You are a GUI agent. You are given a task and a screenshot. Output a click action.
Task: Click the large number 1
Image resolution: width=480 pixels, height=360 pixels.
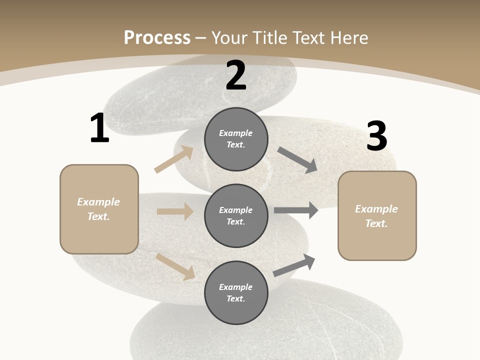(x=99, y=128)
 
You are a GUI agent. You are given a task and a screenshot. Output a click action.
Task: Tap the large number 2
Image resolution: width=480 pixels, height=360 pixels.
(x=236, y=75)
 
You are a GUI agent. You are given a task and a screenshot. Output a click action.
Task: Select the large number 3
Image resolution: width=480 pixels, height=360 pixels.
(x=376, y=136)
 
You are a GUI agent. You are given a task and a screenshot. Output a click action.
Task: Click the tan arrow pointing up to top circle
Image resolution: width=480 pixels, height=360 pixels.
(x=174, y=159)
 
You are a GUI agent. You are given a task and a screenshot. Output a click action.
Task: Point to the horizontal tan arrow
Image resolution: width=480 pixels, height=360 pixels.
(x=175, y=211)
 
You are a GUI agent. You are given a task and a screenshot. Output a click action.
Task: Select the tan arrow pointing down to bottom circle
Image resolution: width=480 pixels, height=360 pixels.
(x=175, y=266)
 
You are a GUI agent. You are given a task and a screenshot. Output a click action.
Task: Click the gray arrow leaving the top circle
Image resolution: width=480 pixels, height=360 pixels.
(x=297, y=160)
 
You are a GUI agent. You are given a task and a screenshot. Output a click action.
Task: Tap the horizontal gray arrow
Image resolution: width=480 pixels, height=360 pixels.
(x=296, y=210)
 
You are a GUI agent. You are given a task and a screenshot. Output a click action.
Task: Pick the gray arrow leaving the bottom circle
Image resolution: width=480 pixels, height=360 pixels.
(x=294, y=265)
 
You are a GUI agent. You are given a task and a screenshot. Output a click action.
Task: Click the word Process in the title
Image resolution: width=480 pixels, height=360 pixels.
(x=157, y=37)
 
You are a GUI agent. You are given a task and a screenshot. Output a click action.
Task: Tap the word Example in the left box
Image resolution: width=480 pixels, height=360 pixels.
(x=98, y=202)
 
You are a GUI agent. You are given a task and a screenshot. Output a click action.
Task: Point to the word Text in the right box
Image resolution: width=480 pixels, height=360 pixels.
(x=376, y=223)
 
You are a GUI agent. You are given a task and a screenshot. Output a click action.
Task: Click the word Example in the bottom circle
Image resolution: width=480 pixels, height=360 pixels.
(x=235, y=287)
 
